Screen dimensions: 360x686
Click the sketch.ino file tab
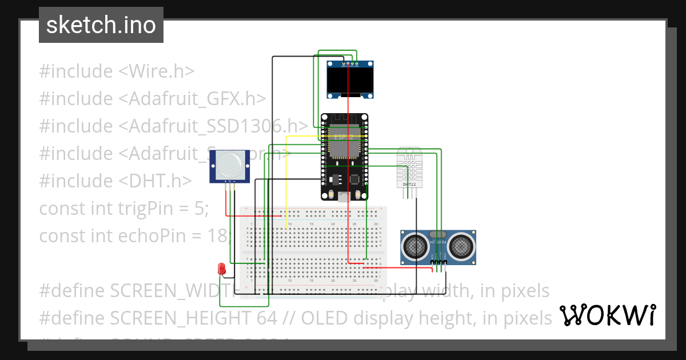click(101, 25)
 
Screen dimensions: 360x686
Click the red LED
click(222, 268)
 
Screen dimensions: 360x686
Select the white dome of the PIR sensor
click(229, 165)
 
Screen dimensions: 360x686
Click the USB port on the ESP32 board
click(344, 197)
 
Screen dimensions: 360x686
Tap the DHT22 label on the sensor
click(409, 185)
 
